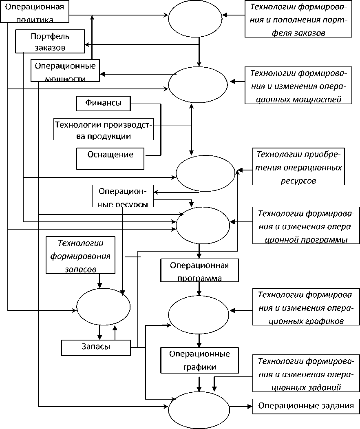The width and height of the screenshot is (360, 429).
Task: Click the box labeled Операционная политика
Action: pyautogui.click(x=34, y=11)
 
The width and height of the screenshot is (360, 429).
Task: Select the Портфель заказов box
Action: pyautogui.click(x=50, y=41)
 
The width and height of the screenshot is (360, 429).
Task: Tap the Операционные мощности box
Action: pyautogui.click(x=65, y=70)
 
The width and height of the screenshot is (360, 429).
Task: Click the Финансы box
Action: pyautogui.click(x=104, y=103)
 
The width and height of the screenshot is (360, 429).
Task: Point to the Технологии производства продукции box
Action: pyautogui.click(x=103, y=130)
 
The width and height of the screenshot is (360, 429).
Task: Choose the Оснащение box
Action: pyautogui.click(x=110, y=159)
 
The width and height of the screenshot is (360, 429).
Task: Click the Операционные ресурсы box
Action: pyautogui.click(x=122, y=196)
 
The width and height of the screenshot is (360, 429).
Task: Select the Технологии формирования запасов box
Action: pyautogui.click(x=81, y=256)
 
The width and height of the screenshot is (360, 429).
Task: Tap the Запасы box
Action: pyautogui.click(x=96, y=347)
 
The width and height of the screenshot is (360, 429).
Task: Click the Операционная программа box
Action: pyautogui.click(x=199, y=270)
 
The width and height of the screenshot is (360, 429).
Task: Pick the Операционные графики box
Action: pyautogui.click(x=199, y=360)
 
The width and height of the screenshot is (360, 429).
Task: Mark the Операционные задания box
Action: pyautogui.click(x=307, y=406)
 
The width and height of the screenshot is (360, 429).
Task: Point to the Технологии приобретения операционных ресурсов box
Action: pyautogui.click(x=298, y=166)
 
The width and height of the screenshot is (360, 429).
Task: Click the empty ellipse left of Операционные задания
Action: pyautogui.click(x=199, y=409)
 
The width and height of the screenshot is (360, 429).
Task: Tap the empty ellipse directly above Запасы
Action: pyautogui.click(x=104, y=306)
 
